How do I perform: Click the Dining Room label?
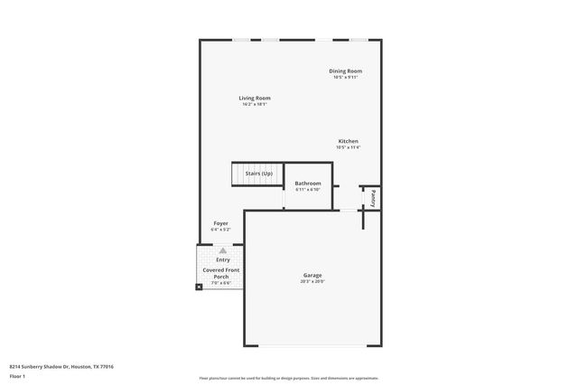[345, 71]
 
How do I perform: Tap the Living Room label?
[255, 98]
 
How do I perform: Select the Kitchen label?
[349, 141]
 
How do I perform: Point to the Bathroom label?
[308, 184]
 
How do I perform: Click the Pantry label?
[373, 197]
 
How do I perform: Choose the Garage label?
[312, 275]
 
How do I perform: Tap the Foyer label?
[220, 222]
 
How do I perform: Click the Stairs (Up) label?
[259, 173]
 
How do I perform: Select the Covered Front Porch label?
[221, 273]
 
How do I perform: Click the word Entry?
[222, 260]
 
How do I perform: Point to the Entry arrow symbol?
[222, 250]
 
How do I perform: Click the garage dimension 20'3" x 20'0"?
[312, 282]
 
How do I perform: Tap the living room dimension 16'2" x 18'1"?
[255, 105]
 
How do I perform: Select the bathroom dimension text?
[308, 190]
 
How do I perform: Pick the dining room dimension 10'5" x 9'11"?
[345, 78]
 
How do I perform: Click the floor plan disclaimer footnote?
[288, 378]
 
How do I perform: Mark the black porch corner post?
[200, 287]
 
